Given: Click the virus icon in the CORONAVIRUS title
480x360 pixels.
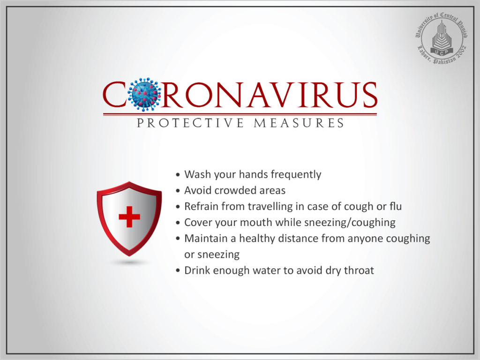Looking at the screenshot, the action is [144, 94].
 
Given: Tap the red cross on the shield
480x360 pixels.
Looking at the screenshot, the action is [129, 217].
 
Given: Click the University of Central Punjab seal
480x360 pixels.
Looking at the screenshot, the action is [441, 39].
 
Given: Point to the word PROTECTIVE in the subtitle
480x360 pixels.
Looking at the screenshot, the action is [190, 123].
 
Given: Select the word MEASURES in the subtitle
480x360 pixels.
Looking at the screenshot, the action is [299, 123].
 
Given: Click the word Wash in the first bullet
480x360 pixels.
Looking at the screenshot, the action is [198, 174].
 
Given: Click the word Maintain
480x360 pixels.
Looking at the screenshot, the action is [206, 238].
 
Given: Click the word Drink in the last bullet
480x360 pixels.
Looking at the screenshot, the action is [197, 270].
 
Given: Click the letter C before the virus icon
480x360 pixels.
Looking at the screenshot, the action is [114, 95].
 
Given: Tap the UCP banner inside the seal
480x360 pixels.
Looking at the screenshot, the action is [442, 52].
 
